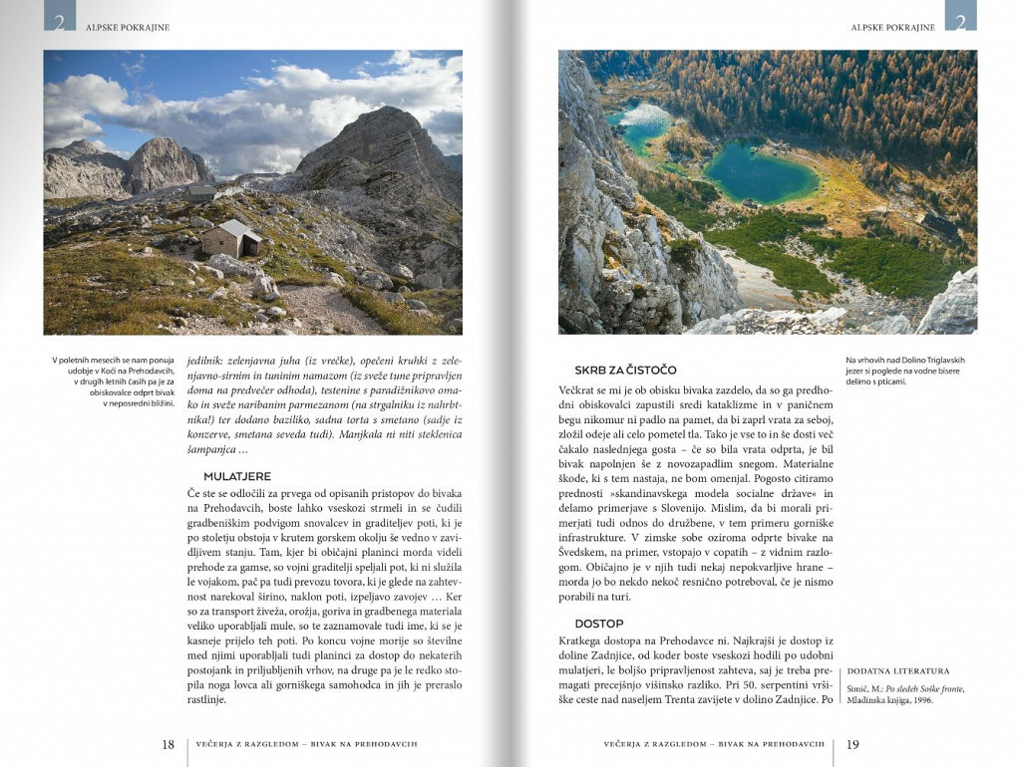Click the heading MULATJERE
pos(237,476)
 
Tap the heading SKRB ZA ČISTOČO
pos(625,370)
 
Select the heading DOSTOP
pos(599,624)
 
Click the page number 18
pos(169,744)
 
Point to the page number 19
pos(853,744)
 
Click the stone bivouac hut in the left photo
pos(230,238)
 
